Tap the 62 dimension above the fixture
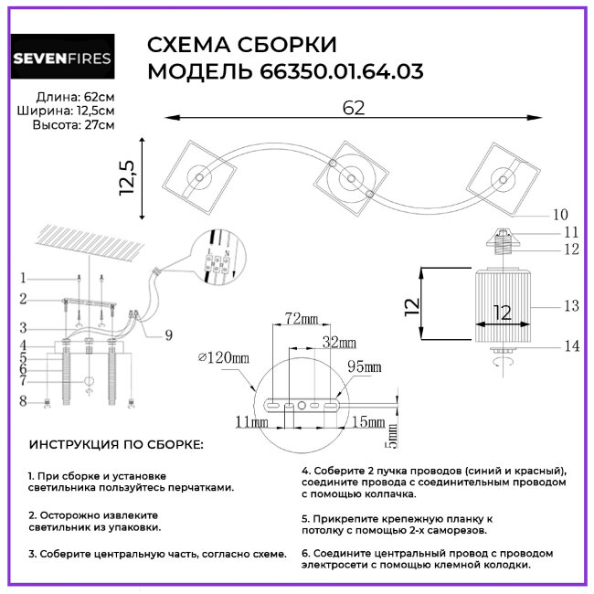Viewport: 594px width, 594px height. (354, 107)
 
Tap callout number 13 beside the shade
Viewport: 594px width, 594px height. (572, 306)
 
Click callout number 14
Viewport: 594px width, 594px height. (572, 345)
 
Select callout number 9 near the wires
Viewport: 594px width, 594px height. (167, 334)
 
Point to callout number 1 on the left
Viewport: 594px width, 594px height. (24, 278)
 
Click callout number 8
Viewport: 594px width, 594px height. (24, 400)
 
